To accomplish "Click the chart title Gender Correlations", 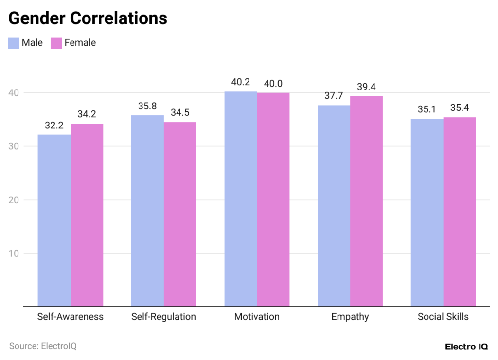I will [x=88, y=18].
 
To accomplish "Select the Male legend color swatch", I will [x=14, y=43].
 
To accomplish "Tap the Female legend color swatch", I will [x=56, y=43].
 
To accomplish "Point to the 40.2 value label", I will [x=240, y=82].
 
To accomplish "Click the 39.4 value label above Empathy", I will [x=366, y=87].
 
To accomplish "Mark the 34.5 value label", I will [x=180, y=113].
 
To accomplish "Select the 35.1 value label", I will [x=427, y=109].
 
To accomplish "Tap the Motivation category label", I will [x=257, y=317].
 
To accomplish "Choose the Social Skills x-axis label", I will [x=443, y=317].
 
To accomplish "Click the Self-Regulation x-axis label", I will [x=163, y=317].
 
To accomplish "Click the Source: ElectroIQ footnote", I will [x=43, y=346].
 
